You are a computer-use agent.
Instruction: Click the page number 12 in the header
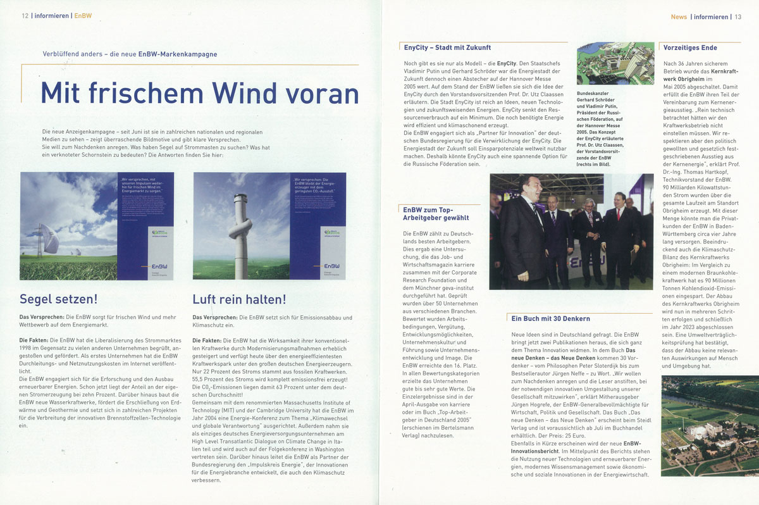25,16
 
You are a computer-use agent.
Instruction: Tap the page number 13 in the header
737,16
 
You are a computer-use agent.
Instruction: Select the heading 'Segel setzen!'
58,299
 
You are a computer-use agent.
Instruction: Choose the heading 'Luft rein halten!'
239,299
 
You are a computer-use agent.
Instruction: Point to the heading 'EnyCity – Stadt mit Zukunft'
447,47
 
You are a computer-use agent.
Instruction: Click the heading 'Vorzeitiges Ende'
690,47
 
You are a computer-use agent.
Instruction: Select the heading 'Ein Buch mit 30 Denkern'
550,318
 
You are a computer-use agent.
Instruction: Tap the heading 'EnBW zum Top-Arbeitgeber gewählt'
436,213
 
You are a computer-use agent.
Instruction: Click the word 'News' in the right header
679,16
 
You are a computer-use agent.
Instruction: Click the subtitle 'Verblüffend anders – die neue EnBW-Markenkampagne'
130,54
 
